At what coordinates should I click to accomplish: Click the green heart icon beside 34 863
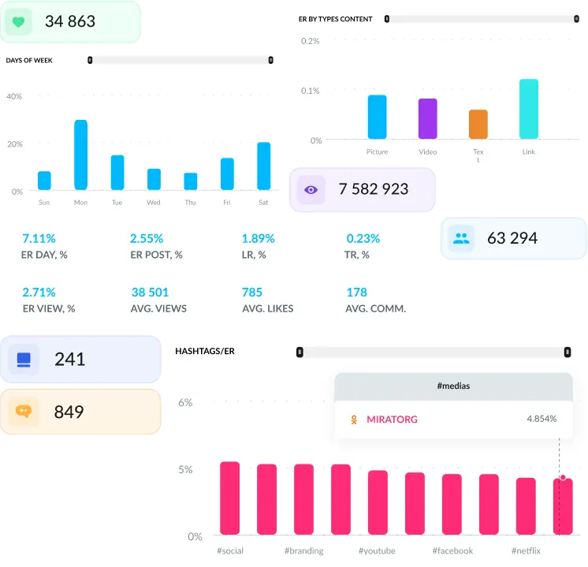[x=18, y=22]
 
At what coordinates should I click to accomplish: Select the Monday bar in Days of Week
[x=80, y=155]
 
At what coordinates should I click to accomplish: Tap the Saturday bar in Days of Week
[x=263, y=166]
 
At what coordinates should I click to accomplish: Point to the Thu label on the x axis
[x=190, y=203]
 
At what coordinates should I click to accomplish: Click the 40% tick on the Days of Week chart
[x=14, y=96]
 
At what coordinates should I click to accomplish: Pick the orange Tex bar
[x=478, y=125]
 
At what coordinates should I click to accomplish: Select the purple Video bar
[x=427, y=118]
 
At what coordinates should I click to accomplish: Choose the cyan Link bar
[x=529, y=109]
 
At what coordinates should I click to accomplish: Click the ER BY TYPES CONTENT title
[x=336, y=19]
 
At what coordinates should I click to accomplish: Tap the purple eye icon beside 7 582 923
[x=311, y=190]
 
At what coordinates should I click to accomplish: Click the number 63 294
[x=512, y=238]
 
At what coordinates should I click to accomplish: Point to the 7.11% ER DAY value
[x=39, y=238]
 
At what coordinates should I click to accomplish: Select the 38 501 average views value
[x=150, y=293]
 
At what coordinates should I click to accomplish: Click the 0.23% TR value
[x=363, y=238]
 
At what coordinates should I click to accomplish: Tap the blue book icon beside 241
[x=23, y=360]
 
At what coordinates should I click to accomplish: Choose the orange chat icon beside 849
[x=23, y=412]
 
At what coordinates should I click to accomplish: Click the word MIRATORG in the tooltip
[x=392, y=420]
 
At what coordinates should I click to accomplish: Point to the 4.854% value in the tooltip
[x=541, y=419]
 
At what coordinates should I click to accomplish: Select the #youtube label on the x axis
[x=377, y=550]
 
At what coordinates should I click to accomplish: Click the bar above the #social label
[x=230, y=498]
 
